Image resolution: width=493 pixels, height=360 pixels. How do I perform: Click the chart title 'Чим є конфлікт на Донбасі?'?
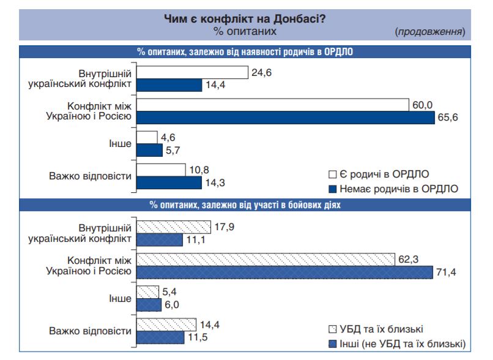pyautogui.click(x=245, y=19)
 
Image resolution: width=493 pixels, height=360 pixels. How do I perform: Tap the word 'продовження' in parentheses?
pyautogui.click(x=430, y=31)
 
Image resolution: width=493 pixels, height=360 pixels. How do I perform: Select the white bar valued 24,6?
pyautogui.click(x=191, y=73)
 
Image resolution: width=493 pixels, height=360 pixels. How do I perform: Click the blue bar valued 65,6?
pyautogui.click(x=285, y=117)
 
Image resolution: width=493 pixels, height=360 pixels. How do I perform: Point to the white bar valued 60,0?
pyautogui.click(x=272, y=105)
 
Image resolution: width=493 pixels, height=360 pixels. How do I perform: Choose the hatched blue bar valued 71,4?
pyautogui.click(x=284, y=271)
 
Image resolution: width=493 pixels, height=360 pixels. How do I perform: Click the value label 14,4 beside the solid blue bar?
pyautogui.click(x=215, y=85)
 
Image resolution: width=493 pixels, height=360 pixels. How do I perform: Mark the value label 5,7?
pyautogui.click(x=174, y=149)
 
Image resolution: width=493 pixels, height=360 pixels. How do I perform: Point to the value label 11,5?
pyautogui.click(x=196, y=337)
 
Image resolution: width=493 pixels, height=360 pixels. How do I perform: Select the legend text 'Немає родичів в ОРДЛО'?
pyautogui.click(x=399, y=187)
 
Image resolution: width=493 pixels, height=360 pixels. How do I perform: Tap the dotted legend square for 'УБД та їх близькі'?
pyautogui.click(x=333, y=329)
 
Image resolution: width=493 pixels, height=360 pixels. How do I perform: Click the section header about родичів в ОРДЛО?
pyautogui.click(x=245, y=51)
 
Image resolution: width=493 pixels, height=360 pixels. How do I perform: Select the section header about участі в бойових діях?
pyautogui.click(x=245, y=205)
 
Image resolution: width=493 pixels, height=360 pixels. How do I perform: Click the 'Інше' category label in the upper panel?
pyautogui.click(x=120, y=143)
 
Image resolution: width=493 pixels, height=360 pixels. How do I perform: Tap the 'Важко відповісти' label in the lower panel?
pyautogui.click(x=91, y=331)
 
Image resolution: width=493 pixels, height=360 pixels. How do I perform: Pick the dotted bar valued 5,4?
pyautogui.click(x=147, y=292)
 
